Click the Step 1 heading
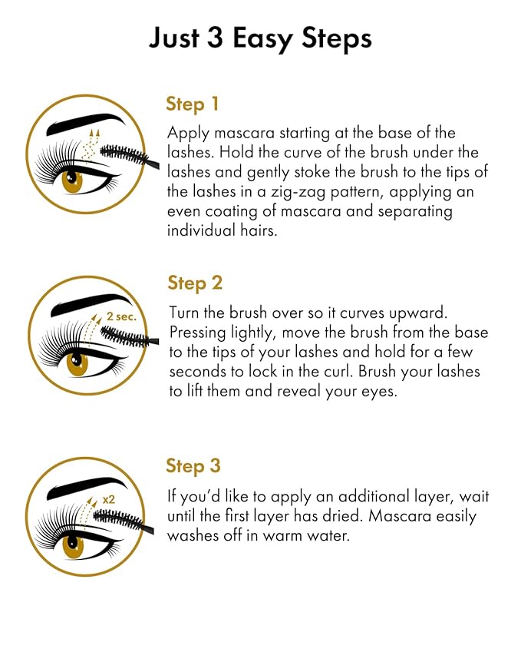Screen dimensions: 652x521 click(193, 104)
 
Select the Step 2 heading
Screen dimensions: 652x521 click(195, 283)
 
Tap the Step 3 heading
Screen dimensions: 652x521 click(193, 465)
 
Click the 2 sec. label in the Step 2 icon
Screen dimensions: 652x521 click(121, 316)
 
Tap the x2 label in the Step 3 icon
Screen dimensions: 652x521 click(110, 499)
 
